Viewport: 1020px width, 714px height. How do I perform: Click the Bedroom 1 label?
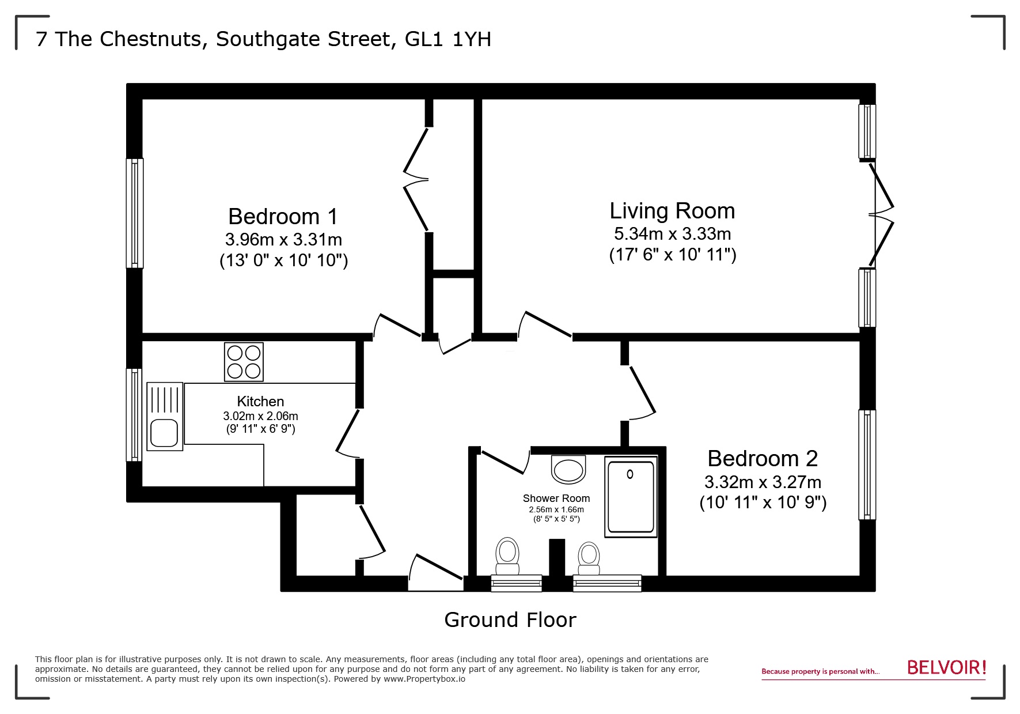283,217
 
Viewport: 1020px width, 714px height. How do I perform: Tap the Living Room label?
672,211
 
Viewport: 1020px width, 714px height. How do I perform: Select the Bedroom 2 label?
763,459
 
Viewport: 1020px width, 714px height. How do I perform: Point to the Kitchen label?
260,402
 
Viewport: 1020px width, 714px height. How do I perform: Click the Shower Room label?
556,498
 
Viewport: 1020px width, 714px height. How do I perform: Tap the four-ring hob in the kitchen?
244,362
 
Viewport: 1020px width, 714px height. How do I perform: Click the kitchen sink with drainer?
165,416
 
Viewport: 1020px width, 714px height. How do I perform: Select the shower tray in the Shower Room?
631,497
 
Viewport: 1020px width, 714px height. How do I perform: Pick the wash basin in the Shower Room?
568,469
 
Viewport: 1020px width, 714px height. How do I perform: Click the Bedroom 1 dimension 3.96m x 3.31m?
283,239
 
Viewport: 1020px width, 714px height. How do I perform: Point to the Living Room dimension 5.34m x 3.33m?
672,234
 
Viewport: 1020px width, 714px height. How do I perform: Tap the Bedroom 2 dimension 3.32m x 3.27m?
763,482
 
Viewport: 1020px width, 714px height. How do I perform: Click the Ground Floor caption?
510,620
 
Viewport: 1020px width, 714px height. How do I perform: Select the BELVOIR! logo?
946,668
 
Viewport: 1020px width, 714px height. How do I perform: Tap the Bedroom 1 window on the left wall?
135,213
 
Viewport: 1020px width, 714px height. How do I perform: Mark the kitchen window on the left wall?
134,415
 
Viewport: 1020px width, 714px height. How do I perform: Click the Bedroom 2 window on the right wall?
867,464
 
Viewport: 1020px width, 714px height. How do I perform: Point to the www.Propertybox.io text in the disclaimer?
424,679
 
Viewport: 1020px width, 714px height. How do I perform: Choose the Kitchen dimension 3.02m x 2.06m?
260,416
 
